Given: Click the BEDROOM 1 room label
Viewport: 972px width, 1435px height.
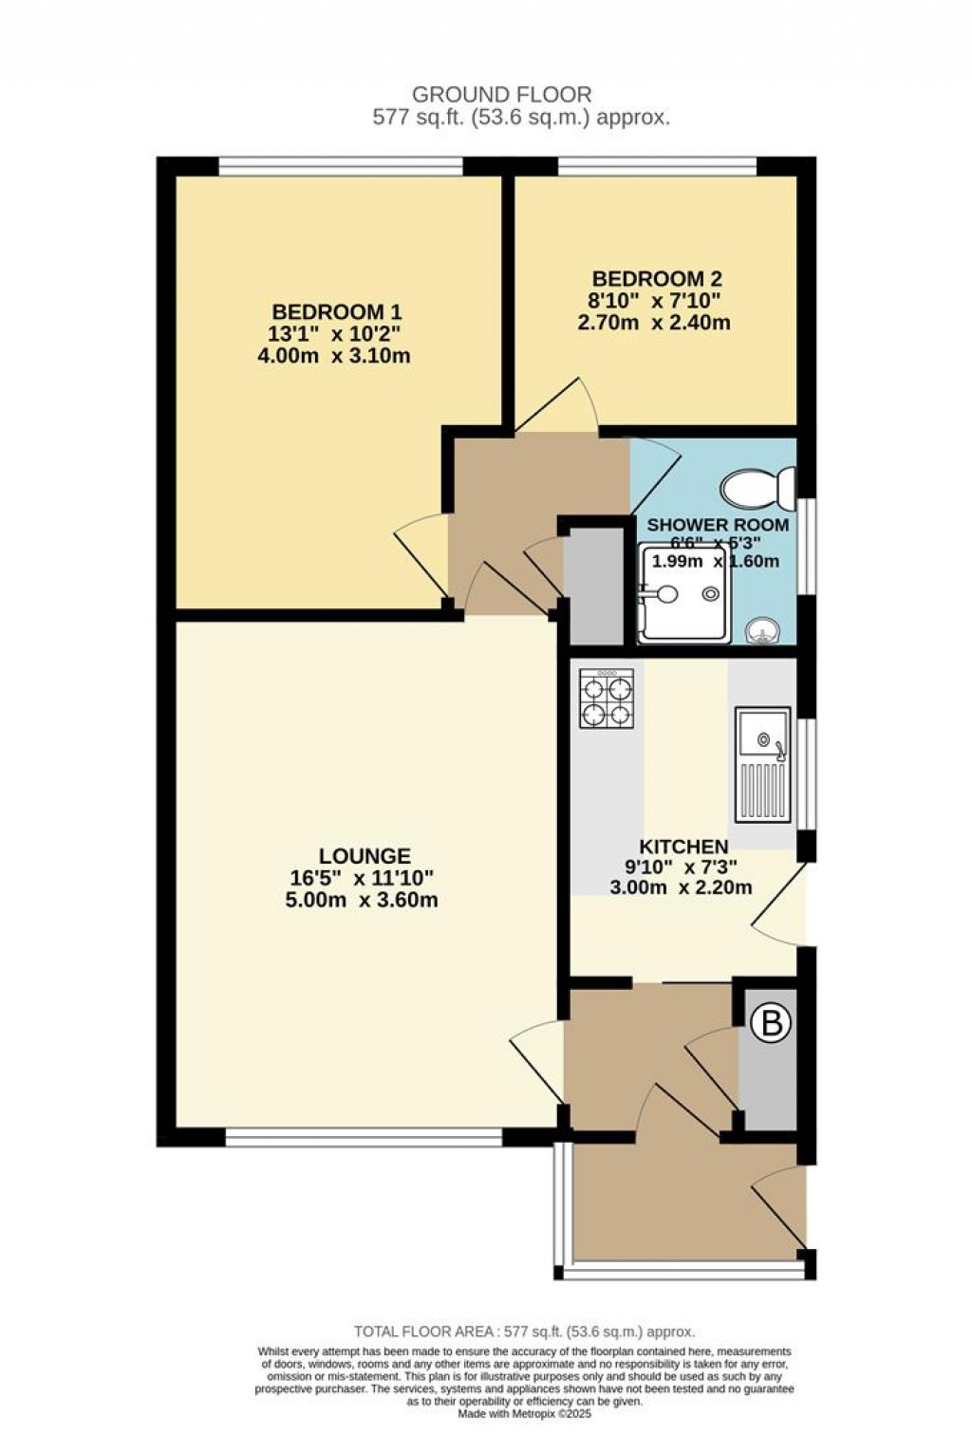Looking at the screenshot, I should (x=337, y=311).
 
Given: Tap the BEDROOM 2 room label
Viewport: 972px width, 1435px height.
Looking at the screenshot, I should (x=657, y=279).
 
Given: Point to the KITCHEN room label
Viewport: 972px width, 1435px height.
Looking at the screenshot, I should (x=683, y=846).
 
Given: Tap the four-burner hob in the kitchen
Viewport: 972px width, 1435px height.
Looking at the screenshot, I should (x=607, y=699).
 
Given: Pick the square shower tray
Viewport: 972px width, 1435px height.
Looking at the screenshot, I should (x=683, y=594).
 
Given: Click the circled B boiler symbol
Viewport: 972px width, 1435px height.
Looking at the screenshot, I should (x=771, y=1023).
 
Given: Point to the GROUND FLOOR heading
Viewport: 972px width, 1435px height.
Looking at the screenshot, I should (x=502, y=94).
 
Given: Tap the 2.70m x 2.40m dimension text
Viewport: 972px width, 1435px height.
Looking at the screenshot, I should (x=654, y=323).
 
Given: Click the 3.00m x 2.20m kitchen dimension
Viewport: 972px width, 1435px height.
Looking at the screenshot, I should (x=681, y=887).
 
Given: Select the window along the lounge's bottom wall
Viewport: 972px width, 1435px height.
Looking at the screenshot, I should (x=364, y=1136).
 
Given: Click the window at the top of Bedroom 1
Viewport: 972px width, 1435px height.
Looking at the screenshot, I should (x=341, y=166).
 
